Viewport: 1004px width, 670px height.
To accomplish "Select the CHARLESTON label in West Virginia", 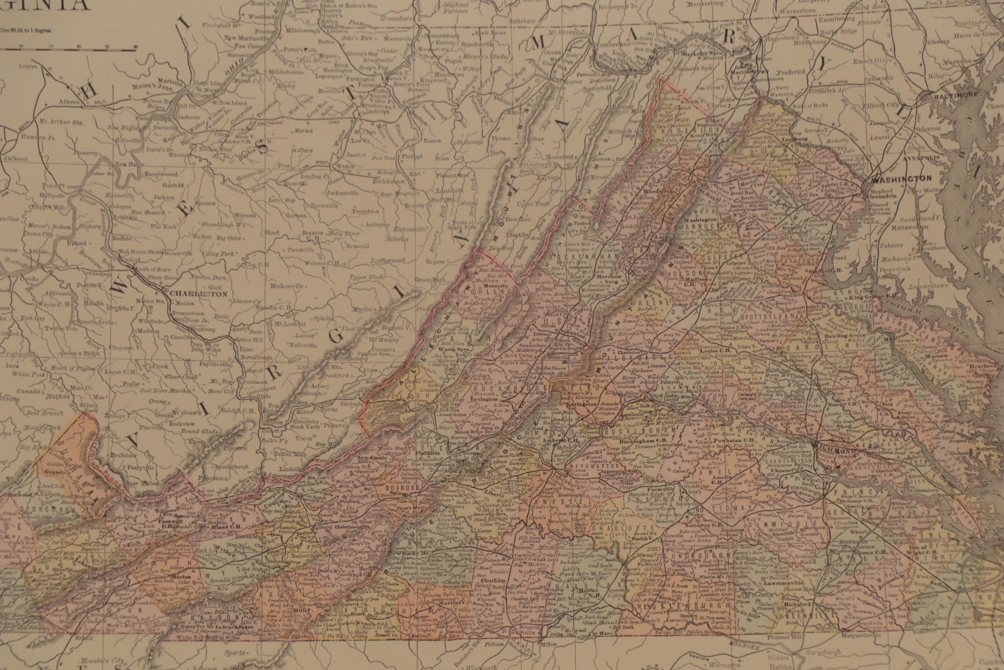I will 193,294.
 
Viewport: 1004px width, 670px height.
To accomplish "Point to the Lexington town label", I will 482,398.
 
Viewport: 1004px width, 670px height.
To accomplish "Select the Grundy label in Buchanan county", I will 58,472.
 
